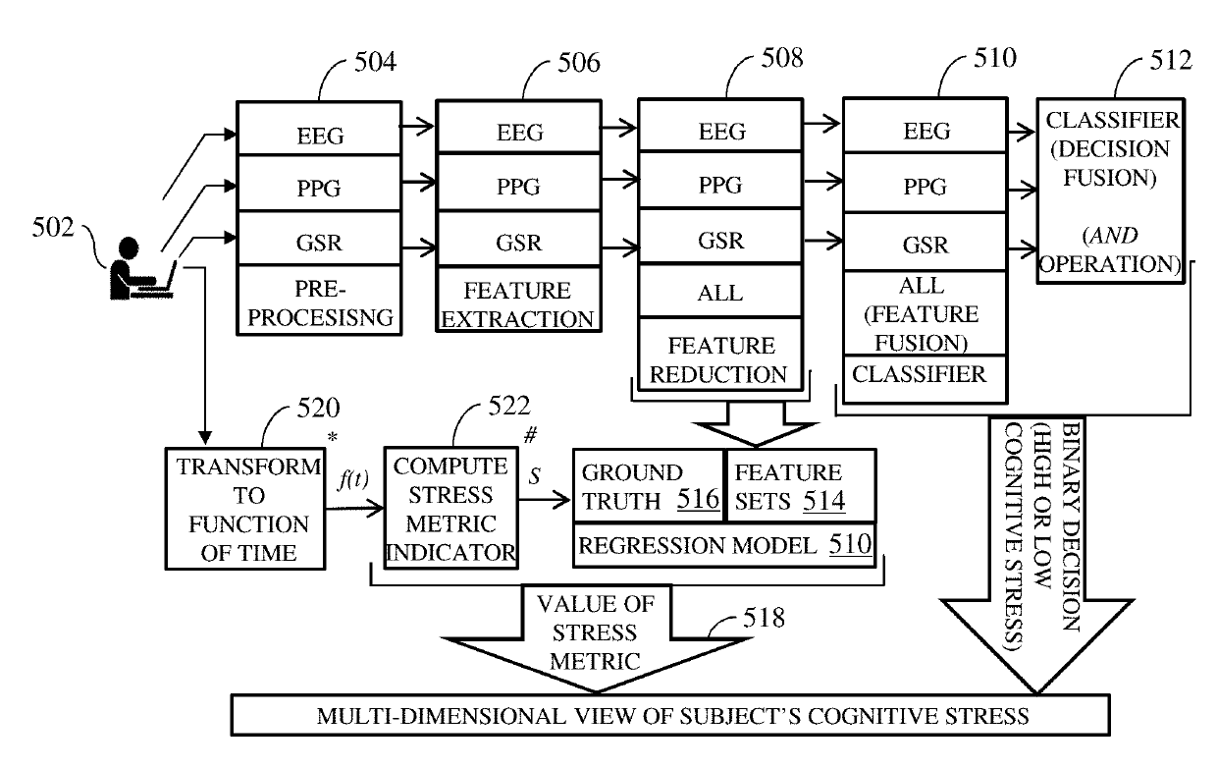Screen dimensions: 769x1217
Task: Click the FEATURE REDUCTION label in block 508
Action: point(721,359)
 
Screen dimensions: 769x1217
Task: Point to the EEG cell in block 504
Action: point(320,135)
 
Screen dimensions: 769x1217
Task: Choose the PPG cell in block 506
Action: point(519,184)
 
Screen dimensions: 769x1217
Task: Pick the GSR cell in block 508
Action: point(721,240)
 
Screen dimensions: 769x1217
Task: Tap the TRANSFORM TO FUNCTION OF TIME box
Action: point(243,510)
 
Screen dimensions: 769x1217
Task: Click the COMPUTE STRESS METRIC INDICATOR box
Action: point(450,508)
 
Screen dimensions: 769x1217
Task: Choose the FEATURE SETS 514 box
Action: point(798,487)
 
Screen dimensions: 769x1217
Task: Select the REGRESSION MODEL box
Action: point(722,546)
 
